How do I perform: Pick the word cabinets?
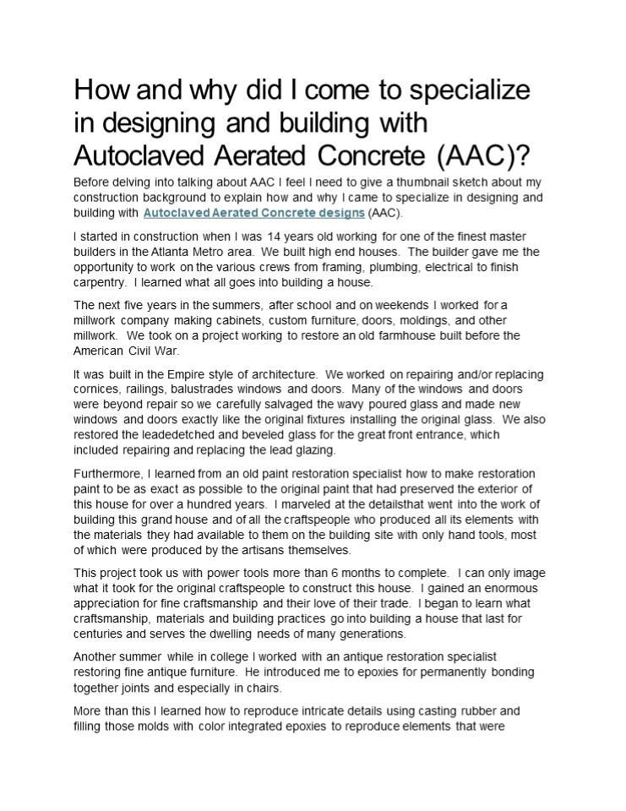220,321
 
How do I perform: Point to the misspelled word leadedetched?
166,433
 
